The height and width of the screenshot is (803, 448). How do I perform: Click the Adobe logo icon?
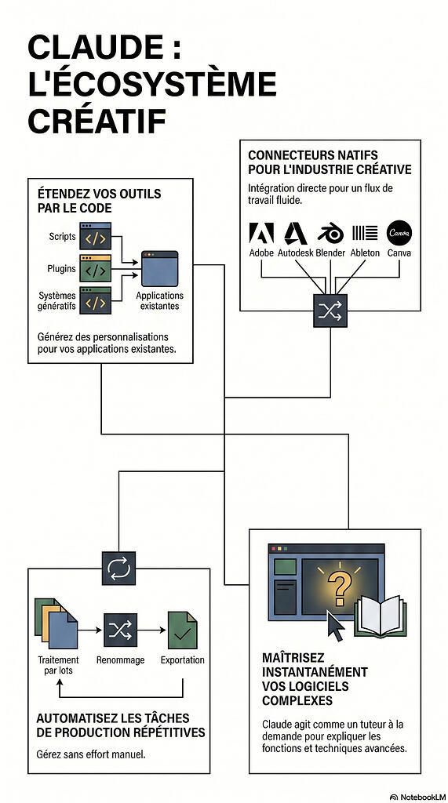(261, 232)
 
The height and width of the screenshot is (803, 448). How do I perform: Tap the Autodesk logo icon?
(295, 233)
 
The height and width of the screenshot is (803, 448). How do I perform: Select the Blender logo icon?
(330, 233)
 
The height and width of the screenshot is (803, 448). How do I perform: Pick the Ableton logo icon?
(365, 233)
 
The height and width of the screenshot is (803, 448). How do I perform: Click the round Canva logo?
(399, 232)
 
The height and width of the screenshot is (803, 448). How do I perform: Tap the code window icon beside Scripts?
(96, 235)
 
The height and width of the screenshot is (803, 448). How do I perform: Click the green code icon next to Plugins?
(96, 268)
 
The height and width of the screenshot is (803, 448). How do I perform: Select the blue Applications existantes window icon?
(159, 268)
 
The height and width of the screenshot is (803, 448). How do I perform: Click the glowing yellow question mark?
(338, 587)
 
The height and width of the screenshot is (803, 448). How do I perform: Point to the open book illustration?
(381, 616)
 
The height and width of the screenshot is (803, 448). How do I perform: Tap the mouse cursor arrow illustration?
(335, 626)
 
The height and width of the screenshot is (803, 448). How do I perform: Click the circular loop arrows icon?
(119, 568)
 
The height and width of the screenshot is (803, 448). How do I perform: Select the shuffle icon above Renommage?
(121, 630)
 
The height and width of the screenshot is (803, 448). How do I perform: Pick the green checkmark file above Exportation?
(183, 630)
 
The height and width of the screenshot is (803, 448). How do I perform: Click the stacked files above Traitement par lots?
(56, 623)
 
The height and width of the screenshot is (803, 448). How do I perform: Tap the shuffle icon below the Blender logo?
(330, 311)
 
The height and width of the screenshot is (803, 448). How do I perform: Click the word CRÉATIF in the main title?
(97, 121)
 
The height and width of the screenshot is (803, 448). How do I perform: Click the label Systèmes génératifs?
(56, 300)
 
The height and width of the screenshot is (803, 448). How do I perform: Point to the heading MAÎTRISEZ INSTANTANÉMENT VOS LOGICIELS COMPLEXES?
(315, 678)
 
